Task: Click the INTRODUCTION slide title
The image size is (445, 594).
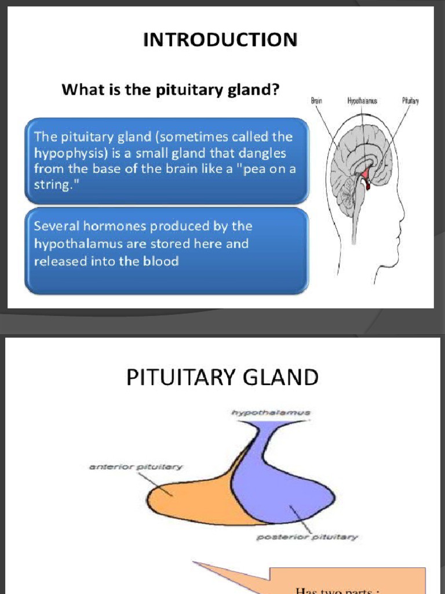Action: tap(220, 40)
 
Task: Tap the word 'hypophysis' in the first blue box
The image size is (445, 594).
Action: tap(64, 154)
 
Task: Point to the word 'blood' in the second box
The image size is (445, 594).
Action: tap(162, 261)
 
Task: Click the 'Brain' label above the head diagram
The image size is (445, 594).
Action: tap(316, 101)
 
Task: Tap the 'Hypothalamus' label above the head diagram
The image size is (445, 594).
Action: tap(362, 101)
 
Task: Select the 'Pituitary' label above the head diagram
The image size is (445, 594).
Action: tap(410, 101)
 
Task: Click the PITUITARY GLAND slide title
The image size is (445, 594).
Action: tap(222, 378)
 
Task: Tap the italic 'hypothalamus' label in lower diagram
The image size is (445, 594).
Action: tap(271, 413)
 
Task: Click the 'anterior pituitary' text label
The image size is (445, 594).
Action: tap(136, 466)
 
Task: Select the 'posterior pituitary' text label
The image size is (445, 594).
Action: tap(307, 537)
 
